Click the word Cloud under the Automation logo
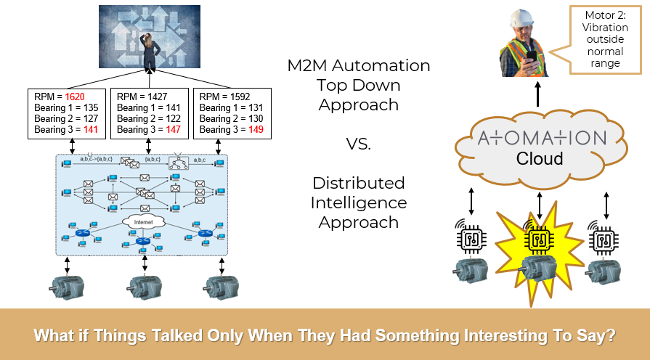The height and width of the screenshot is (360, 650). point(539,158)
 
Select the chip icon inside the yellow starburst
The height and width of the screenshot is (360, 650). point(539,237)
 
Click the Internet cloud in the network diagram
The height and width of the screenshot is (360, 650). point(143,222)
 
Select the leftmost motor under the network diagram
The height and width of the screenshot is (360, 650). point(68,284)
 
